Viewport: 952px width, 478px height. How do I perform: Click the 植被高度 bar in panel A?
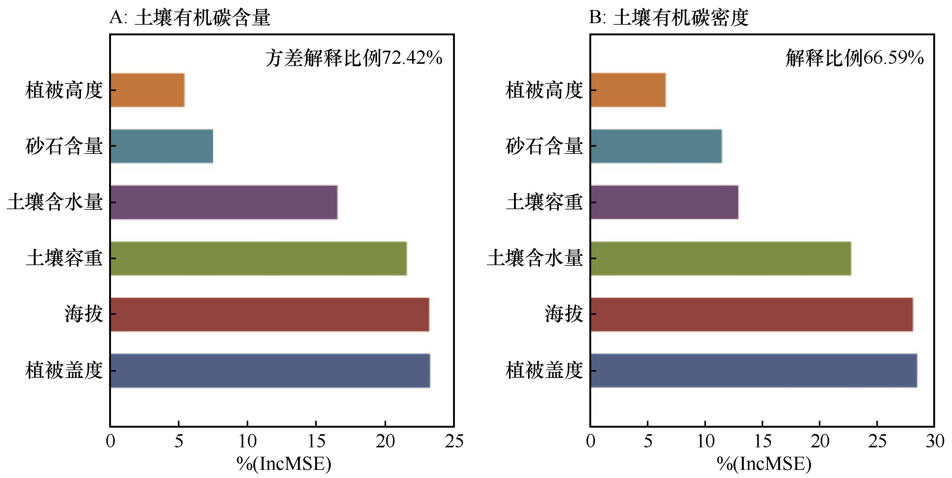click(148, 90)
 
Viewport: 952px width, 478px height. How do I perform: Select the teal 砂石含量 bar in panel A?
click(162, 146)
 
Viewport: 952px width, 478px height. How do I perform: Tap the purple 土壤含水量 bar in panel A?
click(224, 202)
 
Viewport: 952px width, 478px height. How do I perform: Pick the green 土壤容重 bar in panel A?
click(259, 259)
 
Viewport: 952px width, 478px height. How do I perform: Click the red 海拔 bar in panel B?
click(752, 314)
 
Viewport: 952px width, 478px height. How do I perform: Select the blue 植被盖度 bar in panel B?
click(754, 370)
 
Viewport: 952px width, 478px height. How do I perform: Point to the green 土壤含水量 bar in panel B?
click(721, 259)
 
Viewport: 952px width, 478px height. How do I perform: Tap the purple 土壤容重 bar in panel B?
click(664, 202)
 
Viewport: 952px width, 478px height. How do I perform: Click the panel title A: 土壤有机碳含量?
click(190, 18)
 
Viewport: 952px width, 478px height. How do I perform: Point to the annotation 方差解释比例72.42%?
click(354, 58)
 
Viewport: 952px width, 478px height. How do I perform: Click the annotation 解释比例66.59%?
click(854, 58)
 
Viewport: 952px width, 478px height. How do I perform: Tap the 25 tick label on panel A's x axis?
click(454, 441)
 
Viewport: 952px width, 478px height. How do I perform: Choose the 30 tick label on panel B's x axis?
click(934, 441)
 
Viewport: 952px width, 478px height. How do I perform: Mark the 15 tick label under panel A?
click(316, 441)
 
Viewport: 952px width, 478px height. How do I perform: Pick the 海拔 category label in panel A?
click(83, 314)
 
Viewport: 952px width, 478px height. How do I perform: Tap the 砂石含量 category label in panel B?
click(544, 146)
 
